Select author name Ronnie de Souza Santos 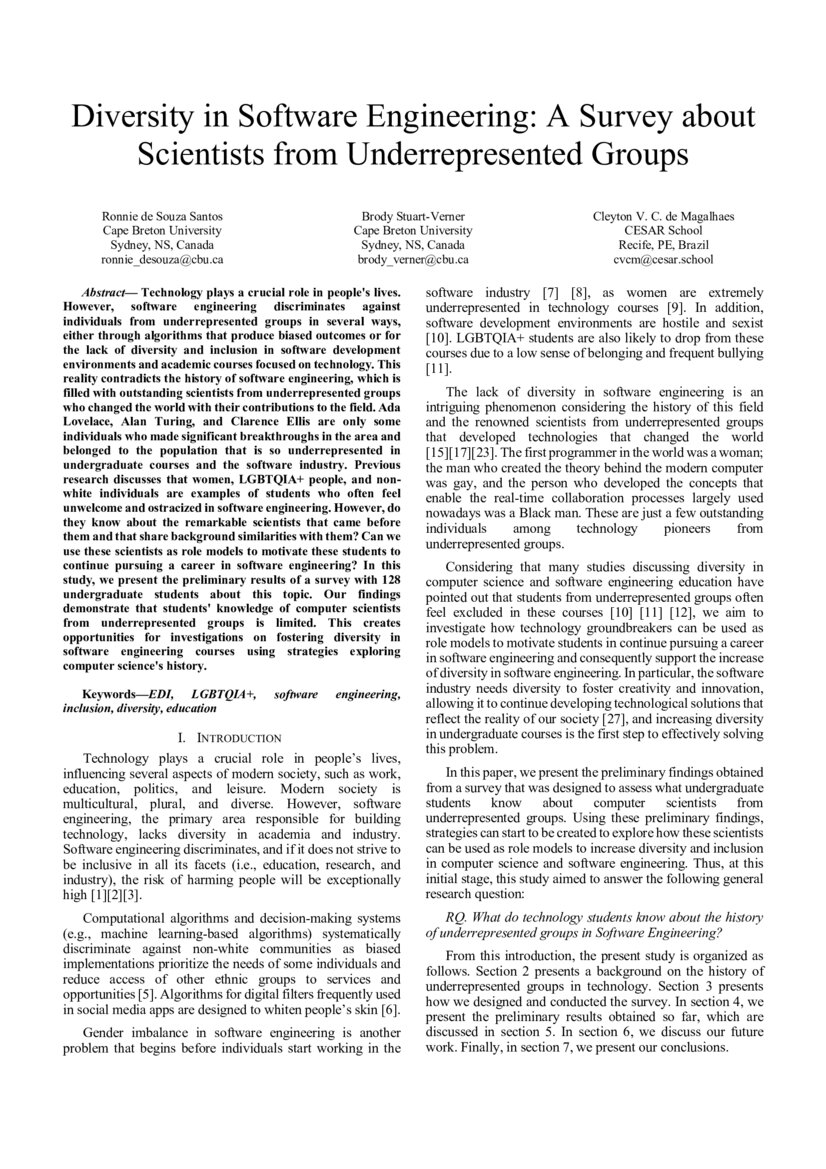pyautogui.click(x=163, y=216)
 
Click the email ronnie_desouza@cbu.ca pyautogui.click(x=163, y=259)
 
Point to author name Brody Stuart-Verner pyautogui.click(x=413, y=216)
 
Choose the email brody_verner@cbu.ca pyautogui.click(x=413, y=259)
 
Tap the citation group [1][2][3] pyautogui.click(x=117, y=895)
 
